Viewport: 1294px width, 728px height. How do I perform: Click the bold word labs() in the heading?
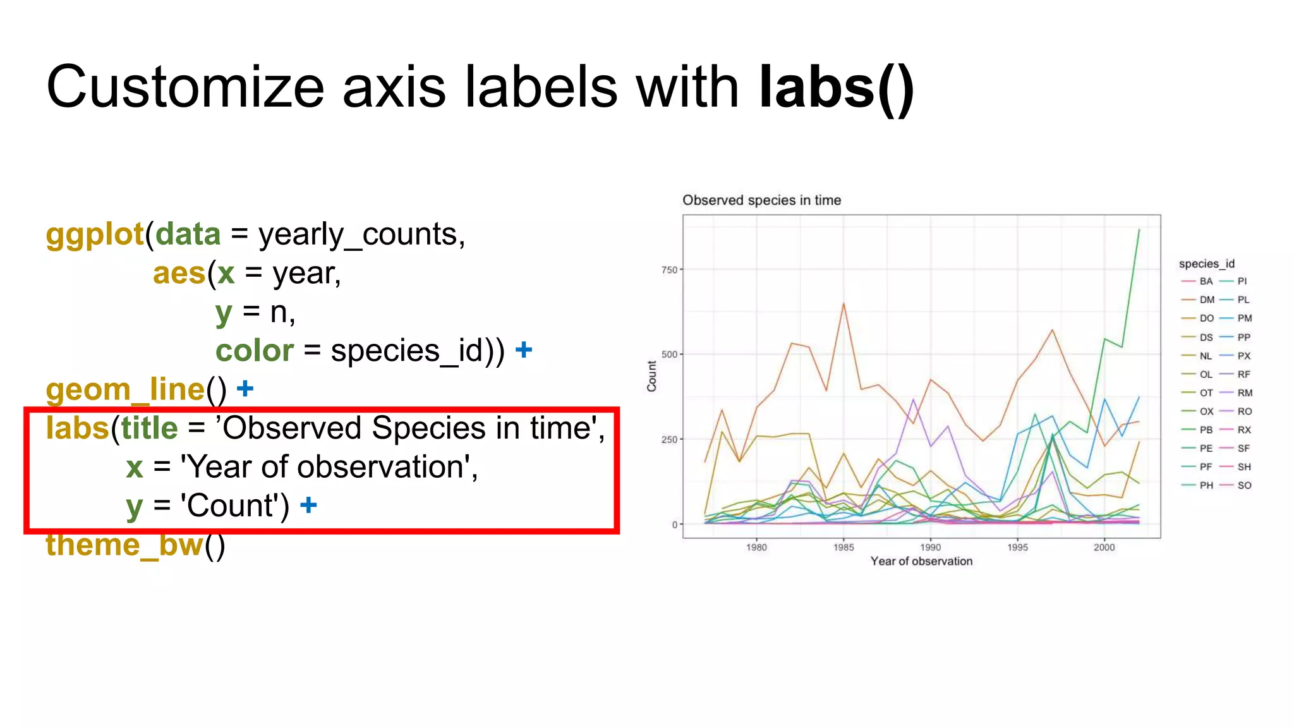[x=837, y=87]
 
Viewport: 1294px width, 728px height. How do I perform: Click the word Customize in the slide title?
[x=186, y=87]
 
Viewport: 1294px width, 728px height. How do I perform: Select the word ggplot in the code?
[x=95, y=234]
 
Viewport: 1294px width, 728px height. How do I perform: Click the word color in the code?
[x=254, y=351]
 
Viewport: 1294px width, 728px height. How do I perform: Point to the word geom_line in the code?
[x=125, y=389]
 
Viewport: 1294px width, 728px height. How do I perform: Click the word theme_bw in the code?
[x=124, y=545]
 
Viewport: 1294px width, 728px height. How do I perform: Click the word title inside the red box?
[x=149, y=428]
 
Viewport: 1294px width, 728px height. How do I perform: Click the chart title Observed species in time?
[x=761, y=200]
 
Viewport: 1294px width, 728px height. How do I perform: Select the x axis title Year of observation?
[x=921, y=561]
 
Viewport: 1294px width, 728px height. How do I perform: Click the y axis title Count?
[x=651, y=376]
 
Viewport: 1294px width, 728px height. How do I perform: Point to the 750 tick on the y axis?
[x=669, y=270]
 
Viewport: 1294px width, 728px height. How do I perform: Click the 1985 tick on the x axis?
[x=844, y=547]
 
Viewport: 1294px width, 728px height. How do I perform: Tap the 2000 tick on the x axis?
[x=1104, y=547]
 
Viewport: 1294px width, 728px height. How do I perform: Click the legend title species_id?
[x=1206, y=264]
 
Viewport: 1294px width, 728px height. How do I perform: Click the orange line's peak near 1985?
[x=844, y=304]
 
